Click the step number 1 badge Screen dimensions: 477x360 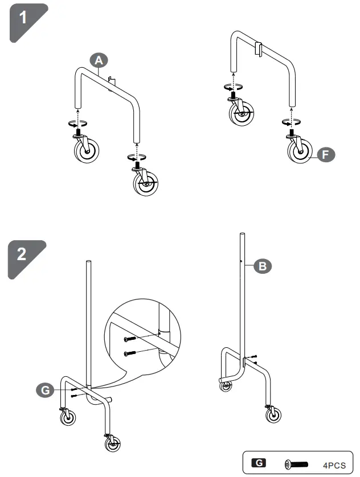click(23, 18)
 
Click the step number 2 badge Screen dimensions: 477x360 click(23, 254)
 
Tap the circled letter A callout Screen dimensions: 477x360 click(99, 60)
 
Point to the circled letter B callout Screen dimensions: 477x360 click(263, 266)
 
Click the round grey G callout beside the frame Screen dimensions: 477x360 click(44, 390)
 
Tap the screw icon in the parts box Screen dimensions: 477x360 click(295, 464)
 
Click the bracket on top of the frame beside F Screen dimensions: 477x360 click(258, 48)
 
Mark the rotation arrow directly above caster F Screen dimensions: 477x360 click(291, 121)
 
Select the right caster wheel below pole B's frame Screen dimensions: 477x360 click(273, 413)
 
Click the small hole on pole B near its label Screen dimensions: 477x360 click(242, 263)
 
